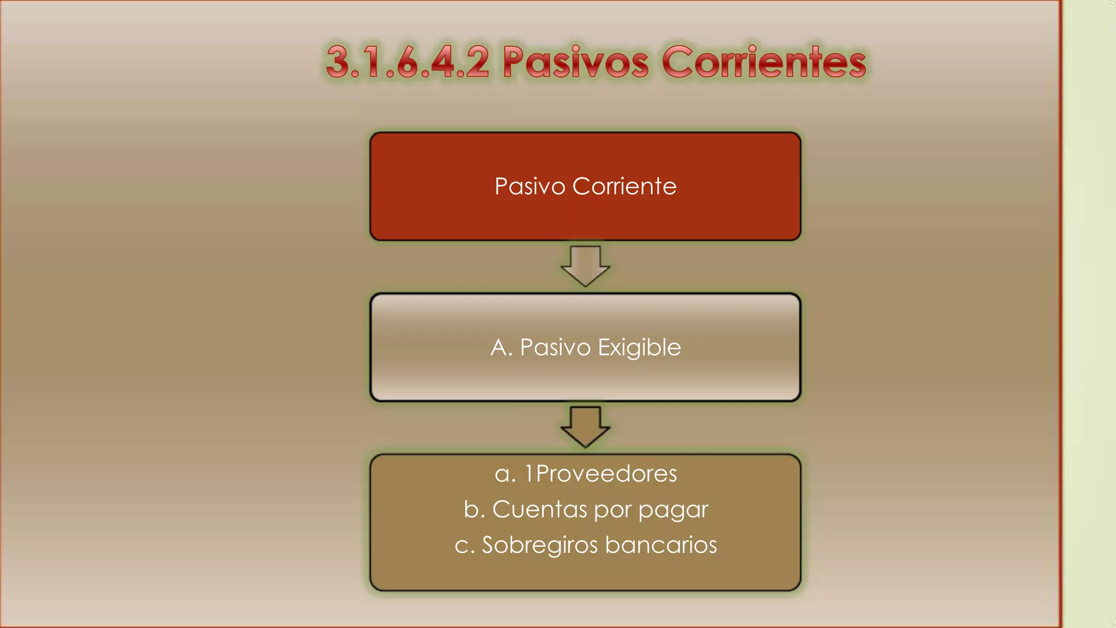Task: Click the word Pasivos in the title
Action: pos(575,62)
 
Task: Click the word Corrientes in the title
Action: pos(764,62)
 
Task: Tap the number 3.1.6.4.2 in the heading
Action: pos(408,62)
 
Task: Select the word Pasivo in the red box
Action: pos(530,186)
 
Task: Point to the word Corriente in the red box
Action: pos(624,186)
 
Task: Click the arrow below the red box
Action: pos(585,266)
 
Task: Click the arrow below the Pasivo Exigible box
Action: pos(585,427)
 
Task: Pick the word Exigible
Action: pos(639,348)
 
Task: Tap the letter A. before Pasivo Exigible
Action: pos(501,348)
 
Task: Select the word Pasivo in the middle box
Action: pos(555,348)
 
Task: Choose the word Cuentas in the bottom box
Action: pos(539,509)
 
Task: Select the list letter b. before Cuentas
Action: pos(474,509)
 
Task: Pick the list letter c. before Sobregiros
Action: pos(464,545)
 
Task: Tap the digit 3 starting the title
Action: pos(338,62)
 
